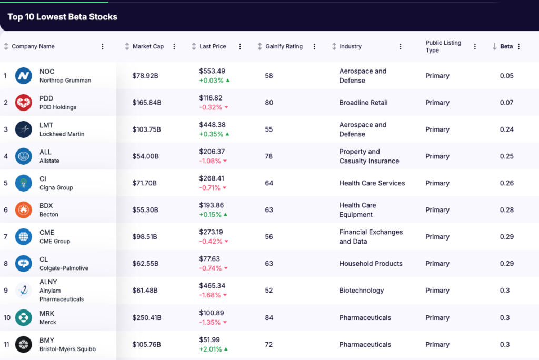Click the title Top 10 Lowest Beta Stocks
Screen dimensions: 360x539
[62, 17]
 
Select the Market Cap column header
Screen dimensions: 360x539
[148, 46]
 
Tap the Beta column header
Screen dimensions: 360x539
[506, 46]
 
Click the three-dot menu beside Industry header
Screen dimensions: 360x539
[401, 46]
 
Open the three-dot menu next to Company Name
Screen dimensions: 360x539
[103, 46]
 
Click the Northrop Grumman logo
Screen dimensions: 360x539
[24, 76]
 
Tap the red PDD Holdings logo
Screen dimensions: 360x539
[24, 103]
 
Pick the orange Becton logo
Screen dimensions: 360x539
[24, 210]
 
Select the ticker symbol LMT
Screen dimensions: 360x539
[46, 125]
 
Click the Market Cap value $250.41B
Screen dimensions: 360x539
[147, 317]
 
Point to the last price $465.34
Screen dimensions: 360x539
[212, 286]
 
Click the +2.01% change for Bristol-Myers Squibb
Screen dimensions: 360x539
[211, 349]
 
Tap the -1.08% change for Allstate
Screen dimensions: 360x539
[211, 161]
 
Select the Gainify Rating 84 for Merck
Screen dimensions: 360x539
[269, 317]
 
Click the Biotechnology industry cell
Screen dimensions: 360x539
[361, 291]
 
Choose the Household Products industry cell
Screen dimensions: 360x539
[371, 264]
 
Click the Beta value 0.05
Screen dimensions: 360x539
[506, 76]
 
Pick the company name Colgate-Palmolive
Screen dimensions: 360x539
[64, 268]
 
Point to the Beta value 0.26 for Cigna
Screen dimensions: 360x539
[506, 183]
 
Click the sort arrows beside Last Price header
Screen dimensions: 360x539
[194, 46]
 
